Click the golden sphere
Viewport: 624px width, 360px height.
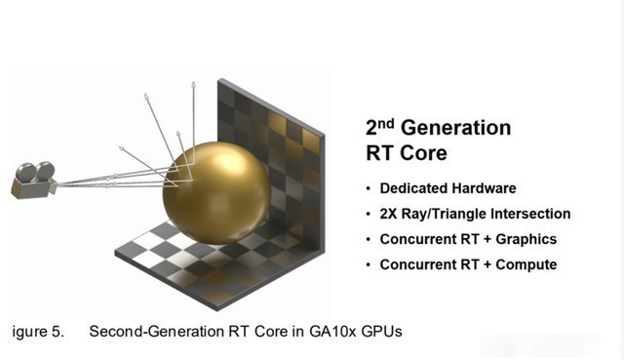213,192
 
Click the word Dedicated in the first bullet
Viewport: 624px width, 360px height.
411,188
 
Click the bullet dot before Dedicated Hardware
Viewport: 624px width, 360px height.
369,188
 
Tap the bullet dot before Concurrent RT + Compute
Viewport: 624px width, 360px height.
369,264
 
